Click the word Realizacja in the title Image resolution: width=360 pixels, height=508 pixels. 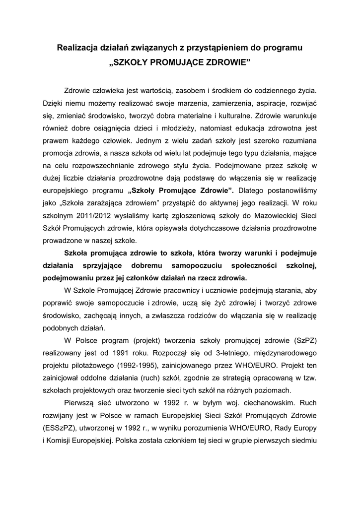point(76,48)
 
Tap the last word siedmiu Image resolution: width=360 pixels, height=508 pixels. point(305,440)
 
